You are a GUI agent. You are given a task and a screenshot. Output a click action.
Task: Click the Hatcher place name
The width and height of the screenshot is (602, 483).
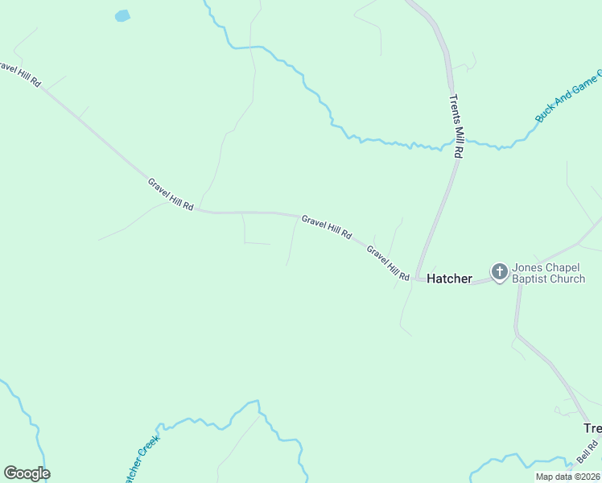tap(449, 279)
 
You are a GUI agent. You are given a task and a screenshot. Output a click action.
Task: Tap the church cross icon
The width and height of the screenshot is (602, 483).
tap(499, 272)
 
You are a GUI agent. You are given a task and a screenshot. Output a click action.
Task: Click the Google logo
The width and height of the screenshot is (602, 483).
tap(27, 473)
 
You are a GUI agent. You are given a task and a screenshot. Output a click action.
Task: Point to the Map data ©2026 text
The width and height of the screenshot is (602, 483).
tap(568, 477)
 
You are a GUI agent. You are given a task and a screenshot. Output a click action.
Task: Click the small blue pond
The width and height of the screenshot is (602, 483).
tap(122, 15)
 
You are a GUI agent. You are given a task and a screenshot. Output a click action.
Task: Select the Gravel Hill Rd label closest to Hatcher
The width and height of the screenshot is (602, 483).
tap(388, 263)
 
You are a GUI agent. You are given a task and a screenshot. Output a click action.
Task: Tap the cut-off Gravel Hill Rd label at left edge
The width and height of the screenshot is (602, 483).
tap(20, 73)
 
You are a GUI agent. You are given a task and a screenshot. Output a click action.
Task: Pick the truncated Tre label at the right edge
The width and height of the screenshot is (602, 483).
tap(592, 428)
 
